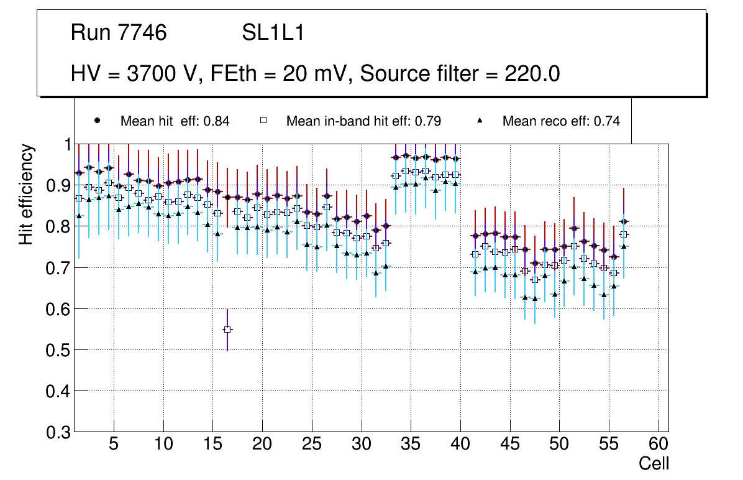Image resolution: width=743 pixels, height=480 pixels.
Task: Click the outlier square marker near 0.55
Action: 227,329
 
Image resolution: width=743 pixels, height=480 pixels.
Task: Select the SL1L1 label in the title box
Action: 273,33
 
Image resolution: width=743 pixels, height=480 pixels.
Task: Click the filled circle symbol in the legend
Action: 98,121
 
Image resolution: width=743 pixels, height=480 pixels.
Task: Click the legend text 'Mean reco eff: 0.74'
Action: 560,121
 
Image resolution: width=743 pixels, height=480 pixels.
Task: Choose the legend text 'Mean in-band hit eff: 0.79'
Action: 363,121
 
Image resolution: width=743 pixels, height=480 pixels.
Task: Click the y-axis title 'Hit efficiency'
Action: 26,194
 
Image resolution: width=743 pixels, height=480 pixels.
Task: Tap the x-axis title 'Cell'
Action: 654,463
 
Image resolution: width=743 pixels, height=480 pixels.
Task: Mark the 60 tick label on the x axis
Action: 659,445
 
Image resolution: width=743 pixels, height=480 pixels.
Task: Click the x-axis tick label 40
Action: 460,445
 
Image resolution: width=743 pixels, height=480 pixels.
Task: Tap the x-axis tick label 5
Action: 113,445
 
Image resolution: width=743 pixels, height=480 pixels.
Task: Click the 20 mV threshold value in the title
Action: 309,74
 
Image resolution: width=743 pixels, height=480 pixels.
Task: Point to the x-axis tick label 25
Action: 312,445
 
